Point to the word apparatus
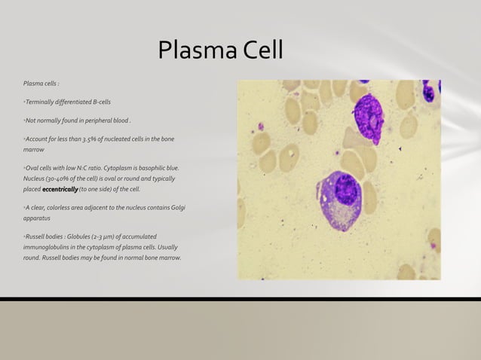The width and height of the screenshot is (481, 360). coord(37,218)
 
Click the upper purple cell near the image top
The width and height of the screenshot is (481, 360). coord(369,117)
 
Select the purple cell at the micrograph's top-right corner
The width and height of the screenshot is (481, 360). coord(430,90)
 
